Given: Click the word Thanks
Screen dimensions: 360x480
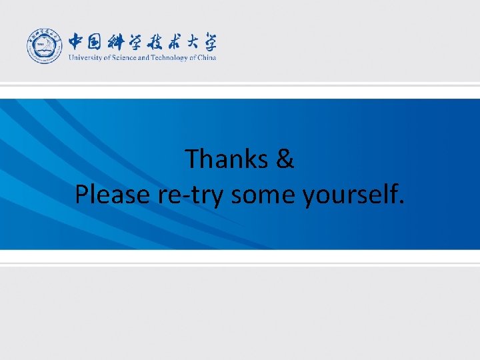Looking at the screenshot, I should pyautogui.click(x=225, y=159).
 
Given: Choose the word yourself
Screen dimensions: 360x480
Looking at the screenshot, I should pyautogui.click(x=349, y=195).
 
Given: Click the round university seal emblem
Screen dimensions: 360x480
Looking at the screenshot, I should pyautogui.click(x=45, y=47).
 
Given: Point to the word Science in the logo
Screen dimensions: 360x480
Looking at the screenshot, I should pyautogui.click(x=121, y=57).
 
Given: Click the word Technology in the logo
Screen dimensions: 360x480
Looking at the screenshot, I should pyautogui.click(x=170, y=57).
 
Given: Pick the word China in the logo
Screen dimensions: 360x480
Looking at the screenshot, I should pyautogui.click(x=207, y=57).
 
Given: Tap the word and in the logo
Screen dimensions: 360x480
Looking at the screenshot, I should pyautogui.click(x=143, y=57).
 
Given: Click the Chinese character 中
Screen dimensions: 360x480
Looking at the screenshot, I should pyautogui.click(x=77, y=42).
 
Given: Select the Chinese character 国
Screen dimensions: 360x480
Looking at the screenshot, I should pyautogui.click(x=97, y=42).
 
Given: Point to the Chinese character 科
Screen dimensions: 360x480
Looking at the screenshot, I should pyautogui.click(x=121, y=42).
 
